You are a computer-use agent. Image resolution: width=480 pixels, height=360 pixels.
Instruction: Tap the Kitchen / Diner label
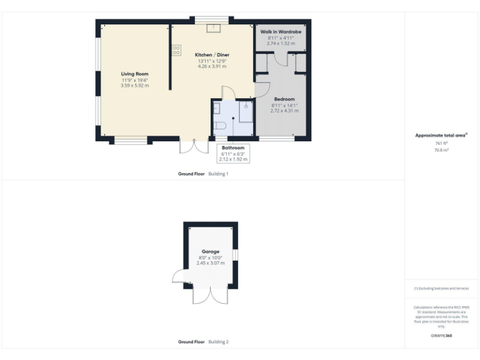pos(213,55)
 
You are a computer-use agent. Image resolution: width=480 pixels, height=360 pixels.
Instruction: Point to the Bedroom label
pos(284,99)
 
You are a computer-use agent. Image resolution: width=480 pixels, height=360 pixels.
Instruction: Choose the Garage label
pos(210,251)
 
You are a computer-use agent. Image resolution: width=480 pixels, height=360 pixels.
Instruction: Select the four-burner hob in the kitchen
pos(176,49)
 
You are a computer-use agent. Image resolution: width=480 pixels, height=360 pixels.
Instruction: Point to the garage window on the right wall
pos(236,255)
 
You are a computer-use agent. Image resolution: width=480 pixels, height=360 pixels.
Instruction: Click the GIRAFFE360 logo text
pos(441,336)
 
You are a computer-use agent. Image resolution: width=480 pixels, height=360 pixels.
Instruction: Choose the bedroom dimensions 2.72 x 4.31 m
pos(284,111)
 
